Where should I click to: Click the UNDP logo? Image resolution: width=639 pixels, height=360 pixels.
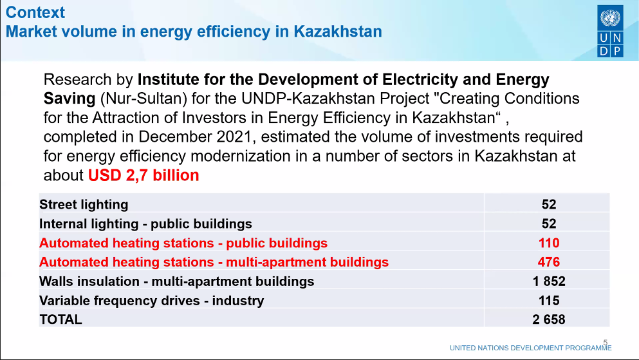610,31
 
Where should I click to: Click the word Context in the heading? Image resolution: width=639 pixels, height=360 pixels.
35,12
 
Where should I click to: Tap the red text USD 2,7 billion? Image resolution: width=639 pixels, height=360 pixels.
144,175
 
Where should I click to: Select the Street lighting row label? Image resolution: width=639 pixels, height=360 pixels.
84,204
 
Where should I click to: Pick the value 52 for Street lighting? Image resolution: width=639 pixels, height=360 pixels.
548,204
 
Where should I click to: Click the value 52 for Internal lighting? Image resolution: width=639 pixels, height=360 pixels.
548,223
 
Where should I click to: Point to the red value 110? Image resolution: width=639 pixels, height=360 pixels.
548,243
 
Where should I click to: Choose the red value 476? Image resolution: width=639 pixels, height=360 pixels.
548,261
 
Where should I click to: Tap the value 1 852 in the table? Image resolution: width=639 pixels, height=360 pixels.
548,281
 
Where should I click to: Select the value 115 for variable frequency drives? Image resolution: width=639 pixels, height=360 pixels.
548,301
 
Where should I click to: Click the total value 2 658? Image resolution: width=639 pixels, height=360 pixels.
548,319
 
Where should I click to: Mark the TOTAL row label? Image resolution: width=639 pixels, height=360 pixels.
60,319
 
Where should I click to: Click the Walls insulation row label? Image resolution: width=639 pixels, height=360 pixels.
177,281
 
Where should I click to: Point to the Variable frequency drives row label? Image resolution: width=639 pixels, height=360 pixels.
152,301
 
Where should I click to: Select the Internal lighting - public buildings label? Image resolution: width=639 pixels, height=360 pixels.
145,223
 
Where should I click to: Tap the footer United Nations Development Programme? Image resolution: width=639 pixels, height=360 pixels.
531,348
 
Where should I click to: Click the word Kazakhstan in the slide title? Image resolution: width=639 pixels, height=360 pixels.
338,32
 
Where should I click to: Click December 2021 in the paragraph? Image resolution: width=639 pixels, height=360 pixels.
196,137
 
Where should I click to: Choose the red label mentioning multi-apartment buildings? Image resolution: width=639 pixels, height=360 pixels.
214,261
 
